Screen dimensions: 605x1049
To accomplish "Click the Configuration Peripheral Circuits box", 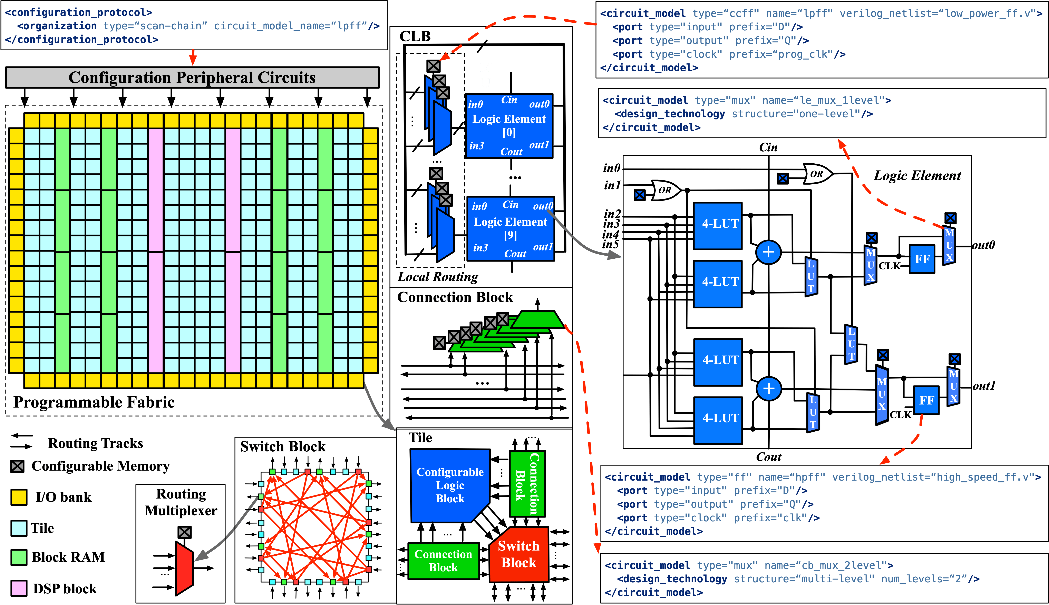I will tap(192, 78).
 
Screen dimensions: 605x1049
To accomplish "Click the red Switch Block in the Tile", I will tap(519, 554).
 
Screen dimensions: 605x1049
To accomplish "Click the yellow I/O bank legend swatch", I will tap(19, 497).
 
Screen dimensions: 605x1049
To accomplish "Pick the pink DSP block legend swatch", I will tap(19, 588).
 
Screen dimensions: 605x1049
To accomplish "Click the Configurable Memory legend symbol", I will tap(18, 466).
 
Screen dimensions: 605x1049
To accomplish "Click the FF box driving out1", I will tap(926, 400).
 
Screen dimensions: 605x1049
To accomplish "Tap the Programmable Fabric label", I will tap(94, 402).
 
